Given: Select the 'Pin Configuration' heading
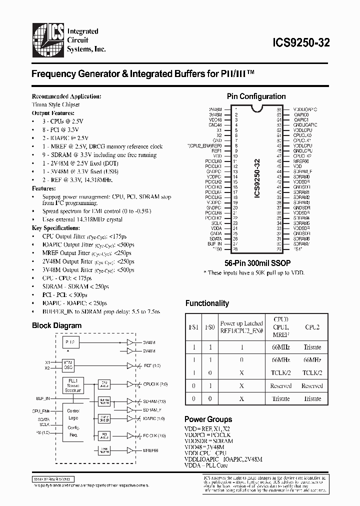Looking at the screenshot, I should (256, 96).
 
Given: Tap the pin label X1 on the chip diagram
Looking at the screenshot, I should (219, 130).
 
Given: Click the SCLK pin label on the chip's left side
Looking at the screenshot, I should (216, 223).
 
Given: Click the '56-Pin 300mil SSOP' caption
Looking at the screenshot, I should (257, 262).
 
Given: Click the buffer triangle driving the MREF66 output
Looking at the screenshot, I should (131, 450).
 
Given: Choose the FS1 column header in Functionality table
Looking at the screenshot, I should (193, 327).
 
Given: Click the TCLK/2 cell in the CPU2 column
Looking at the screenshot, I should (312, 372).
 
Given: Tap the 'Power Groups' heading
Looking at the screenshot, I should (208, 419).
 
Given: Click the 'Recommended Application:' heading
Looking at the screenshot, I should (66, 96).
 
